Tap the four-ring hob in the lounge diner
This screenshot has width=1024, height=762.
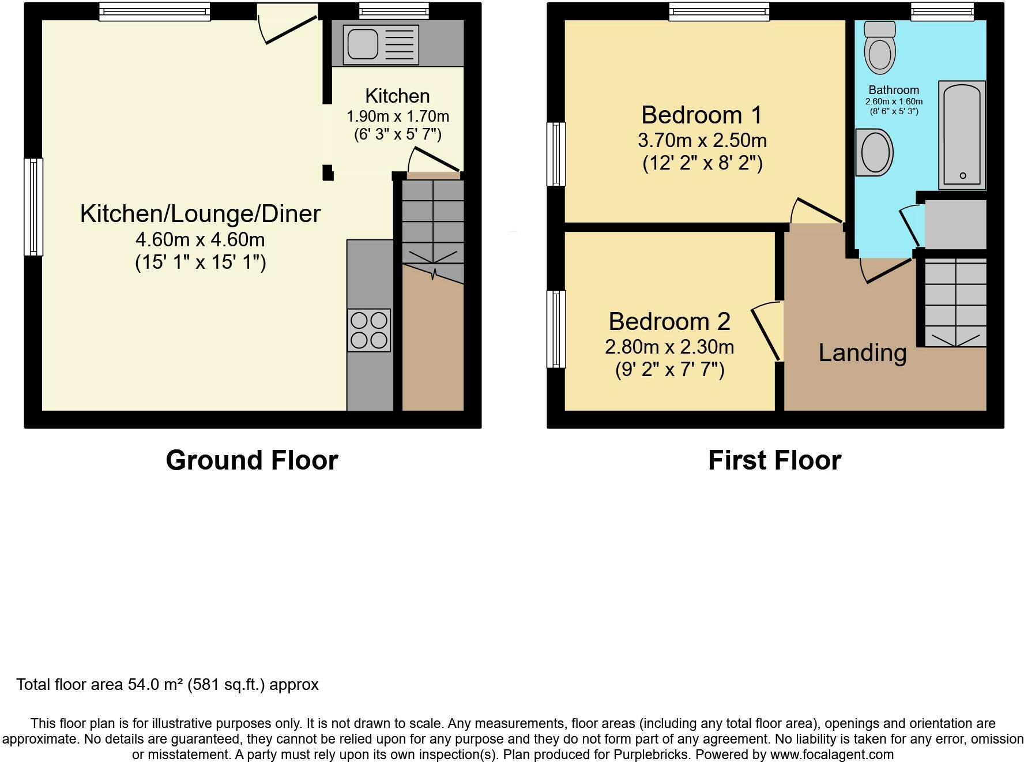369,331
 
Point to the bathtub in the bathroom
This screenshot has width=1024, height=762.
962,135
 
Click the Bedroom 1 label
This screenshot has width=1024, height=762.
702,115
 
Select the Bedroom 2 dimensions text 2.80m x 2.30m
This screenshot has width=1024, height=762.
669,347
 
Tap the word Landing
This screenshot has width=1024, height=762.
863,352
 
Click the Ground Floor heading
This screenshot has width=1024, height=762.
252,460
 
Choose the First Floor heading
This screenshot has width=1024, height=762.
774,460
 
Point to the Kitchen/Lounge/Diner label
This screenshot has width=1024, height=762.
200,213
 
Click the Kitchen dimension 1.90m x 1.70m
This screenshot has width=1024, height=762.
398,117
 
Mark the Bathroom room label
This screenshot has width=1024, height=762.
894,90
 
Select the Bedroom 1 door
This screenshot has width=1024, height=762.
817,211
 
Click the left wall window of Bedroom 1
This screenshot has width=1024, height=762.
556,154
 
